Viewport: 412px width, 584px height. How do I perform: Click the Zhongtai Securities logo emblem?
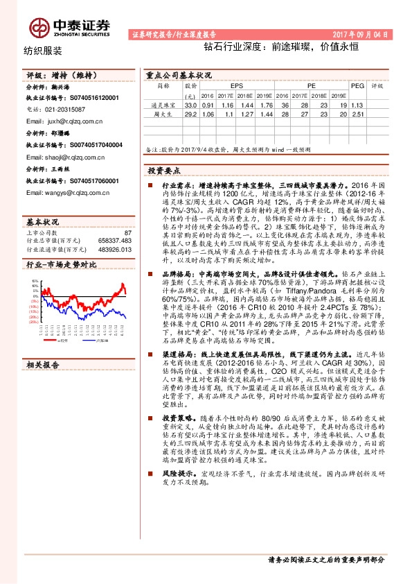click(38, 26)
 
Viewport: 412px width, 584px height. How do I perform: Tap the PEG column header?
click(357, 86)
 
